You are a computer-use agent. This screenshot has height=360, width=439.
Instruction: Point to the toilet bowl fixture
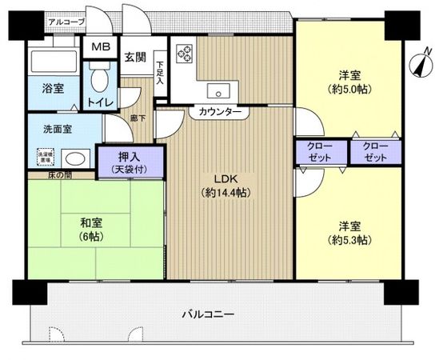(x=98, y=81)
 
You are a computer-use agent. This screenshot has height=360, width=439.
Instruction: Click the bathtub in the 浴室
(x=54, y=62)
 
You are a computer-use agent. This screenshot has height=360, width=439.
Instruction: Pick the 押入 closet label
(x=130, y=156)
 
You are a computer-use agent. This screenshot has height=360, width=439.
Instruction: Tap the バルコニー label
(x=206, y=314)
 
